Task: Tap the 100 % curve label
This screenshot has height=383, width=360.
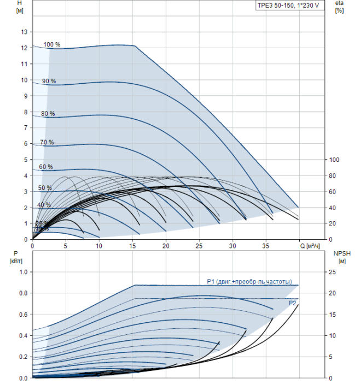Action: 51,44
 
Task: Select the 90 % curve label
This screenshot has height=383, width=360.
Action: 49,82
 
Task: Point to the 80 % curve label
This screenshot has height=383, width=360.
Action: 48,114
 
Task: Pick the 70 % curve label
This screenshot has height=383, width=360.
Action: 47,142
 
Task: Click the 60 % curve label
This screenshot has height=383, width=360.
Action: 46,167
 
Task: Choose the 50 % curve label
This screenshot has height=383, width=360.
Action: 45,188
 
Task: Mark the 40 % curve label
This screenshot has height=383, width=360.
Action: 44,205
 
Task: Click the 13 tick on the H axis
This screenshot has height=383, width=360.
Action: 24,32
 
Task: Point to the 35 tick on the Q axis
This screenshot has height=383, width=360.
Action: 266,245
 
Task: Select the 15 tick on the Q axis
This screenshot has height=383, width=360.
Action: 132,245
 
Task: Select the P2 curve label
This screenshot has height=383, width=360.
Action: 293,303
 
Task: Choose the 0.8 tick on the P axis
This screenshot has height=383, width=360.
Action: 24,293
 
